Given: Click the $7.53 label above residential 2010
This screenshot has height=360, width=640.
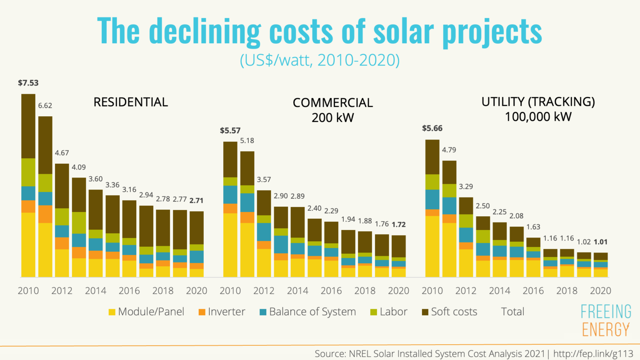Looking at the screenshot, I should coord(28,83).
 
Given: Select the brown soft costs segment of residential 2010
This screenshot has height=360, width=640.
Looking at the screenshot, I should coord(28,126).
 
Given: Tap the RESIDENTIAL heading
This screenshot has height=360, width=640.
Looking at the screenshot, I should coord(130,102).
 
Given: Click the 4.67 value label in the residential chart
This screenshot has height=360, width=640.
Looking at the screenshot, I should coord(62,153).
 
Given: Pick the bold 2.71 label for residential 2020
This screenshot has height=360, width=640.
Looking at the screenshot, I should coord(196,200).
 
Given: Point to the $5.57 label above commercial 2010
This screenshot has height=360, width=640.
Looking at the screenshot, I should coord(230,130).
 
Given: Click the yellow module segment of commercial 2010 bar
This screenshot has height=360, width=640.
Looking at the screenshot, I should coord(230,245).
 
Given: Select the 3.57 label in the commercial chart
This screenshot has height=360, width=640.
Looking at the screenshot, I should coord(264,180).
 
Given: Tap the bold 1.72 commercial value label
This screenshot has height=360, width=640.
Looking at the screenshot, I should coord(399,225).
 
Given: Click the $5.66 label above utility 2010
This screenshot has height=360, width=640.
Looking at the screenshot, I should coord(432,128).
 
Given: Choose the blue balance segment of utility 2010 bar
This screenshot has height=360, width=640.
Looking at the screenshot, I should coord(432,199).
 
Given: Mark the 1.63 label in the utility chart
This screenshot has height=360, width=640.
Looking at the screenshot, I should coord(533,227).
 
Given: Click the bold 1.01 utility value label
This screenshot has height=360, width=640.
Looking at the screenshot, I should coord(600,242).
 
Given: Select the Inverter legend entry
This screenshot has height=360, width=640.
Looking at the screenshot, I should coord(222,312).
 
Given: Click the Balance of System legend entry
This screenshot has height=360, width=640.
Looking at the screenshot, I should coord(308,312).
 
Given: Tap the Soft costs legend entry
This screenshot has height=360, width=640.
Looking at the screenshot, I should coord(450,312).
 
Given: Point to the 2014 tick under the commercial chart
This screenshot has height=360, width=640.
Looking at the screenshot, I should coord(297,291).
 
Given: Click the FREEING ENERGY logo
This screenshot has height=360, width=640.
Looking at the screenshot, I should coord(606,320).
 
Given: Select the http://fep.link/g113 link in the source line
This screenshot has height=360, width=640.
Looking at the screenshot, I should coord(593,354).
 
